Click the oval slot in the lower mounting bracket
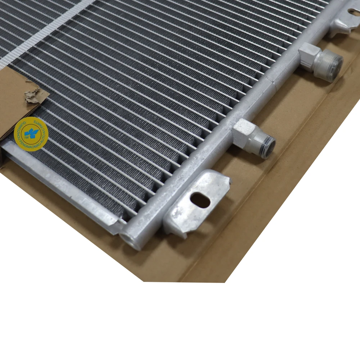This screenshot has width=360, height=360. click(x=201, y=200)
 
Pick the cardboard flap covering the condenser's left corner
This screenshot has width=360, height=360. click(x=14, y=97)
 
